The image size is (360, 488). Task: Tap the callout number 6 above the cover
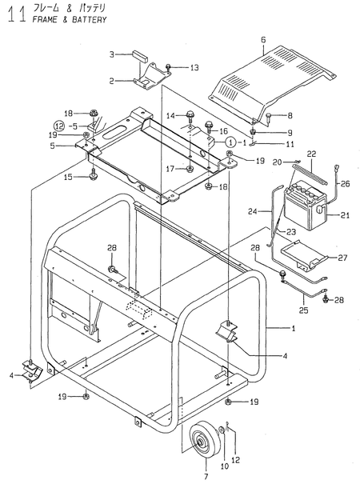[x=262, y=39]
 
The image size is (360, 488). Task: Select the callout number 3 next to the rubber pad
[x=114, y=54]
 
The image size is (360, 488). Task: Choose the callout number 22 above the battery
[x=313, y=154]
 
